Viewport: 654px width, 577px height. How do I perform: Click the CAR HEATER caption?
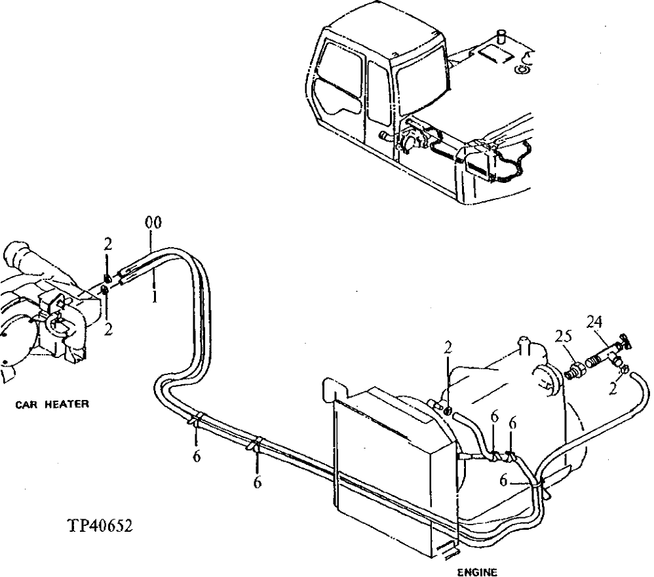(x=52, y=405)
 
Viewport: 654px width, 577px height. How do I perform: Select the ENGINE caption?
(x=476, y=571)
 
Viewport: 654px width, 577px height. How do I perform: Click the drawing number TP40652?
(x=100, y=527)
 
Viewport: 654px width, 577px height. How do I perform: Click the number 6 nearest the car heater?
(x=197, y=457)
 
